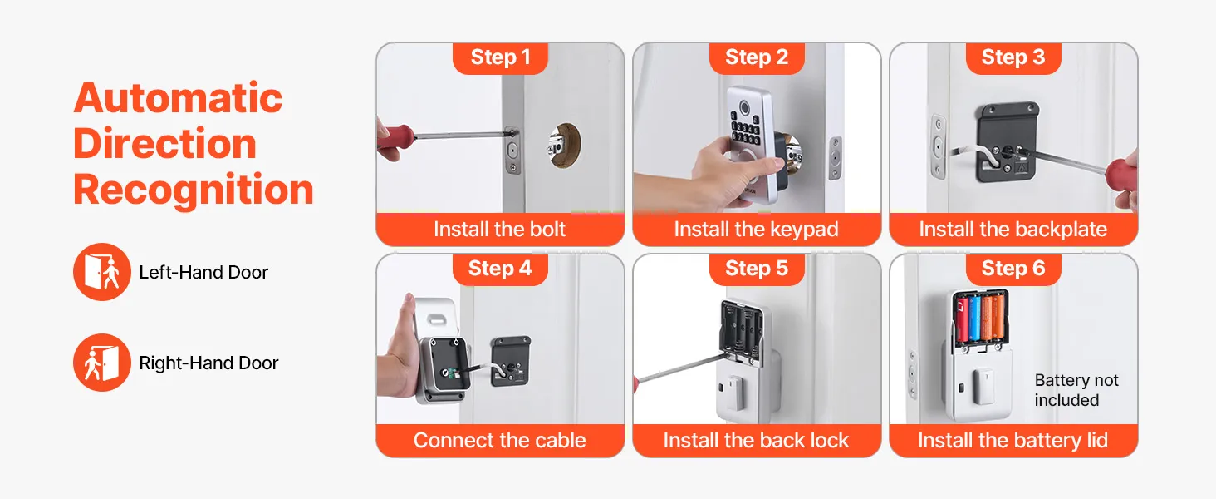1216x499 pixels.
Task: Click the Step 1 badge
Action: coord(500,57)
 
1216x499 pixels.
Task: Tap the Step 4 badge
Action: coord(500,269)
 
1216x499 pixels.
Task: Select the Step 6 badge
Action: coord(1013,269)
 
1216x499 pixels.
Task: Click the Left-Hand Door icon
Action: coord(102,272)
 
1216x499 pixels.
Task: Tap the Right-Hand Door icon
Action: coord(102,363)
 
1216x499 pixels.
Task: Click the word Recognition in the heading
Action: coord(194,190)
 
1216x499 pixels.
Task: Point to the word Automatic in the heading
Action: coord(178,98)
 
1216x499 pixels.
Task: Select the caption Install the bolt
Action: coord(499,229)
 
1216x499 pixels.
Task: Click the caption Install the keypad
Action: coord(756,229)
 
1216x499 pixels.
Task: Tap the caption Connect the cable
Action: coord(499,440)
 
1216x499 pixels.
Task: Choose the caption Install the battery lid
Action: coord(1013,440)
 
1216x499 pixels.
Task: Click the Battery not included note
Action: coord(1076,390)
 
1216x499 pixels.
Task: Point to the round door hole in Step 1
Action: coord(565,146)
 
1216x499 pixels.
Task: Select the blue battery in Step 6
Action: coord(975,319)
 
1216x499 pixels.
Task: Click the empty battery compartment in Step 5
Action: coord(740,327)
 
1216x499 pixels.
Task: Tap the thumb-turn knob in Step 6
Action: coord(983,387)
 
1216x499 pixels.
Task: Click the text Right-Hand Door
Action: coord(208,363)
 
